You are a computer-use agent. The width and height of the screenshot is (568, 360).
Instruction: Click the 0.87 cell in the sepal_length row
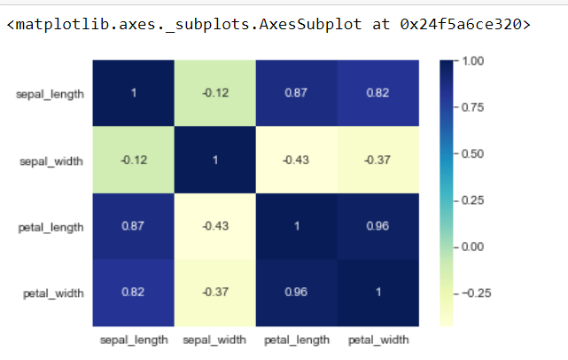(296, 93)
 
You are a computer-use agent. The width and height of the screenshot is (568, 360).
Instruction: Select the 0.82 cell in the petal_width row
(133, 293)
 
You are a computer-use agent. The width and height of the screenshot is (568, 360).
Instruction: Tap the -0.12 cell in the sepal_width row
(133, 160)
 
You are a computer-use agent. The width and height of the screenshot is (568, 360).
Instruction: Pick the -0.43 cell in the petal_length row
(214, 226)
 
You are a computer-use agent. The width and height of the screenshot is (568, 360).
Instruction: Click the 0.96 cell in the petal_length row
(377, 226)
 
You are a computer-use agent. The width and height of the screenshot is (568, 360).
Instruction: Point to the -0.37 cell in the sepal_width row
(377, 160)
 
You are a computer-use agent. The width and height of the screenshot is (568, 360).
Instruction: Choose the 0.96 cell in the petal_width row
(296, 293)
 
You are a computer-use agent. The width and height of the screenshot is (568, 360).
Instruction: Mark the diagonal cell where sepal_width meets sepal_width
(214, 160)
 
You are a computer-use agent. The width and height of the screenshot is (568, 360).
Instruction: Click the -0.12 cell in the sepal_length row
(214, 93)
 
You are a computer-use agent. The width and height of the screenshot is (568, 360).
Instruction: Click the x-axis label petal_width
(378, 339)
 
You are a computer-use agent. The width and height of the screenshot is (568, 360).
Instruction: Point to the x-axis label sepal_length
(133, 339)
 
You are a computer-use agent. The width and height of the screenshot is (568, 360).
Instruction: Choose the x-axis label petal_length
(296, 339)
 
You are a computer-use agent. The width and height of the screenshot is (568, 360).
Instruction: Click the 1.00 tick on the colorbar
(472, 61)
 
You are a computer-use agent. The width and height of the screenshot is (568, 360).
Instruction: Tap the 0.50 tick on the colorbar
(472, 153)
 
